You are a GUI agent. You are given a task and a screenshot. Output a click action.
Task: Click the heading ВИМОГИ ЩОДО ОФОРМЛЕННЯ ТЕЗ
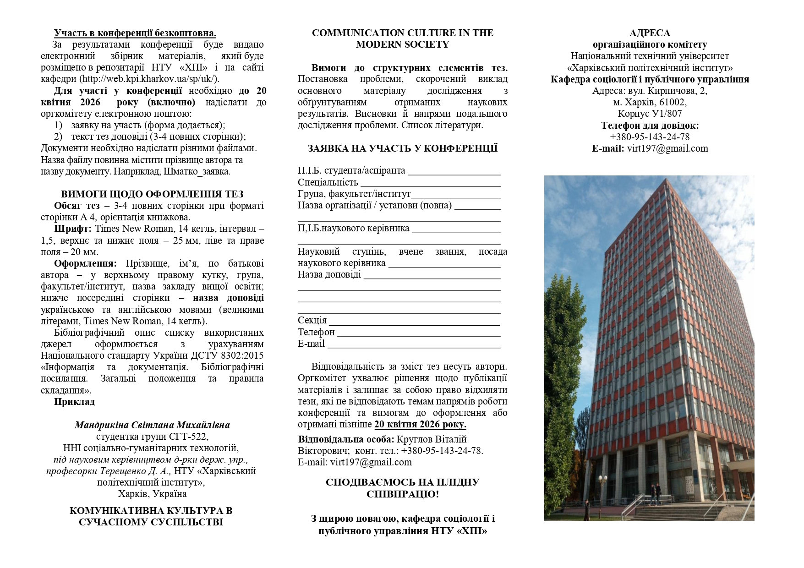click(x=152, y=194)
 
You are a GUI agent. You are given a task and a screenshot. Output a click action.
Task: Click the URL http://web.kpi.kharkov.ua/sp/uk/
click(x=149, y=79)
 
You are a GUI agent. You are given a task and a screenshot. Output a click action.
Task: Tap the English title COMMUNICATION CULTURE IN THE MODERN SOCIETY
click(x=402, y=38)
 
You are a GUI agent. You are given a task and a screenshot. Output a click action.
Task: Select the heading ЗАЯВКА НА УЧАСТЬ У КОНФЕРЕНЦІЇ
click(x=402, y=148)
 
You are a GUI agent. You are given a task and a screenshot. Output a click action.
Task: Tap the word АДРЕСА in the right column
click(x=650, y=33)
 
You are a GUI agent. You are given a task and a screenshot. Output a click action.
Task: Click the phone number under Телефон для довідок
click(x=650, y=137)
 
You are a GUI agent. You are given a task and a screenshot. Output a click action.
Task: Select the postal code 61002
click(x=673, y=102)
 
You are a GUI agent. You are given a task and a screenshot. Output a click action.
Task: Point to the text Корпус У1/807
click(x=650, y=114)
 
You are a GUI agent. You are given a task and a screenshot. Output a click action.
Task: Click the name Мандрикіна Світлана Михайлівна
click(x=152, y=425)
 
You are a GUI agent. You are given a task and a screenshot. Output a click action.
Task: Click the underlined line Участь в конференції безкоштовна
click(x=135, y=33)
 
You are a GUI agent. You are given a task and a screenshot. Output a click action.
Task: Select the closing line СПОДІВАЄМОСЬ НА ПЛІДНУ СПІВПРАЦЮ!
click(x=402, y=488)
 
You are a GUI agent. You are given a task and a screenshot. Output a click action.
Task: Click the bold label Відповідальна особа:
click(x=346, y=439)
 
